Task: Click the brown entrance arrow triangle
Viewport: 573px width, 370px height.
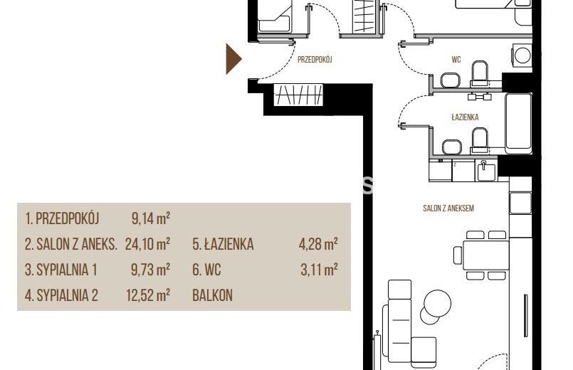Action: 233,59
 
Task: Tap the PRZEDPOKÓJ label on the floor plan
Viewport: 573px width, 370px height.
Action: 315,60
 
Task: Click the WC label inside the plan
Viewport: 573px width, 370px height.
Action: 456,60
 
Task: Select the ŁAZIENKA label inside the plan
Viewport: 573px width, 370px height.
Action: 465,117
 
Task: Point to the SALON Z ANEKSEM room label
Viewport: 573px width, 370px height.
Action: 448,208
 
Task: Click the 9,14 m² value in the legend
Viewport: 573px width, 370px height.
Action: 151,218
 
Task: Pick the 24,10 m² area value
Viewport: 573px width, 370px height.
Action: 147,244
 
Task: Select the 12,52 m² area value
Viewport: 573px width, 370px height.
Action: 148,295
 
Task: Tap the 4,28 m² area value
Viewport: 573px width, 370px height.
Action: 318,244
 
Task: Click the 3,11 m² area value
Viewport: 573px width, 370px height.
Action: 319,270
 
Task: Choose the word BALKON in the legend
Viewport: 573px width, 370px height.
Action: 212,295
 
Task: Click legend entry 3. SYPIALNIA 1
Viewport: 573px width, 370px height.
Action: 61,270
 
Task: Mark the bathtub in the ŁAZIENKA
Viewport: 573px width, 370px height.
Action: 518,124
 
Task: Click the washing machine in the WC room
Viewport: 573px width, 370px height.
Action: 522,55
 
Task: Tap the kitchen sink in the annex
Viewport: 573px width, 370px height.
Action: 486,171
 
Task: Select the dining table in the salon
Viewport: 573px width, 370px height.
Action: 485,255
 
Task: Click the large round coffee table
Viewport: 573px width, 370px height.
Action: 438,304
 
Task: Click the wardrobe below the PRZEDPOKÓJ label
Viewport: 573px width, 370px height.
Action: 298,95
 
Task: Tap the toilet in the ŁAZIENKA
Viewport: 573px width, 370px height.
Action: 480,139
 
